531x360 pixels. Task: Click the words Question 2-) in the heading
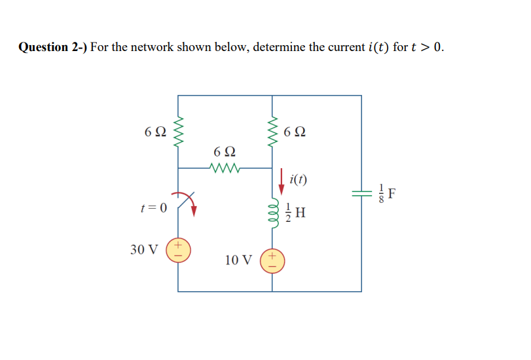pyautogui.click(x=52, y=47)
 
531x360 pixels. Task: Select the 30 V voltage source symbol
pyautogui.click(x=178, y=250)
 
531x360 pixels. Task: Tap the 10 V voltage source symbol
pyautogui.click(x=273, y=260)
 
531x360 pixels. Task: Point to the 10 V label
pyautogui.click(x=238, y=260)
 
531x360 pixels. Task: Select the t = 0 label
pyautogui.click(x=154, y=208)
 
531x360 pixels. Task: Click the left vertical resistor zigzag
pyautogui.click(x=178, y=132)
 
